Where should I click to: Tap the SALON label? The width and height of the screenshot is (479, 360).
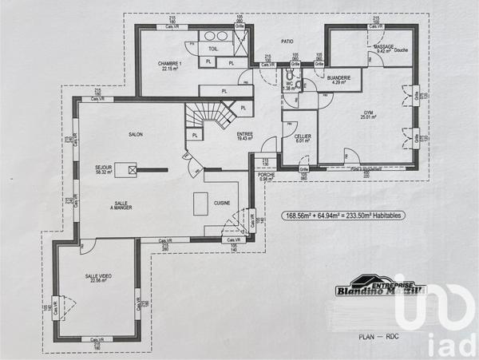135,135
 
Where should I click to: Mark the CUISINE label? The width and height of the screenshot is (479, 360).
221,204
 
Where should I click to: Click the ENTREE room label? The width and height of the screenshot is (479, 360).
245,136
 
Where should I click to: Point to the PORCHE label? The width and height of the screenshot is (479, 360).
267,176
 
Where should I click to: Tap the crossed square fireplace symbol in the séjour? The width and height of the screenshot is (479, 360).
132,168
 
